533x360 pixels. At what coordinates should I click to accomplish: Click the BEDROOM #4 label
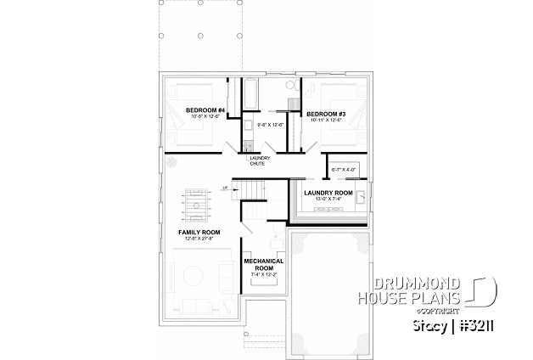206,110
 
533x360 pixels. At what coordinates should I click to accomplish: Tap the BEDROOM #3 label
324,114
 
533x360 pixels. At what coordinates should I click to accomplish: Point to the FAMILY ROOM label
199,232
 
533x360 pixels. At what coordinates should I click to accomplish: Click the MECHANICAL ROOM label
263,264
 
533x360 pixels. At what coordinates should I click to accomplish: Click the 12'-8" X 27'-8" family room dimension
199,239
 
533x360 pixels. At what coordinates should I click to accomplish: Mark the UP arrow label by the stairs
224,188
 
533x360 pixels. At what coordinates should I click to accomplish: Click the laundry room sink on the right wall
361,200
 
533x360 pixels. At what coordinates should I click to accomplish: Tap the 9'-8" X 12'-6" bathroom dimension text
270,125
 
